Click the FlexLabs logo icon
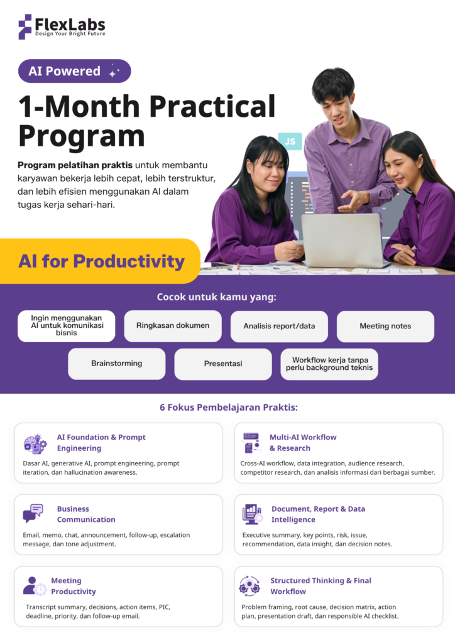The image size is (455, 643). (x=25, y=26)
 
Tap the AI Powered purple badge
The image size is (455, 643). (x=74, y=71)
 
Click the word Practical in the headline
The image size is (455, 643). (x=212, y=106)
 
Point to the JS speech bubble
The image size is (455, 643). (x=290, y=141)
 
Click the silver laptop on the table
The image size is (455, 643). (x=343, y=240)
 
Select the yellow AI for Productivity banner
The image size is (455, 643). (x=100, y=261)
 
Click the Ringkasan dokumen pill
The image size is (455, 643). (x=173, y=326)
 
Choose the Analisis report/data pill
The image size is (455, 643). (x=279, y=326)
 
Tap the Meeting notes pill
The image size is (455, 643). (x=385, y=326)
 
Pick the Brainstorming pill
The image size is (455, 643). (x=116, y=364)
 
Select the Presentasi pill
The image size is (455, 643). (x=222, y=364)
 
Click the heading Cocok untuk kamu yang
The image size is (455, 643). (x=217, y=297)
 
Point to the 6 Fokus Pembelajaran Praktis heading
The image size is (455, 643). (x=229, y=407)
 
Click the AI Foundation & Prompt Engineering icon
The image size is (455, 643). (x=35, y=444)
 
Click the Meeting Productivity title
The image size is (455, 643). (x=74, y=586)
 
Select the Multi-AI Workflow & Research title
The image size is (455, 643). (x=303, y=443)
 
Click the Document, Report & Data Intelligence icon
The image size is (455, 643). (x=253, y=514)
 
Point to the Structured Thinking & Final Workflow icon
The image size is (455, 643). (x=249, y=586)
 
